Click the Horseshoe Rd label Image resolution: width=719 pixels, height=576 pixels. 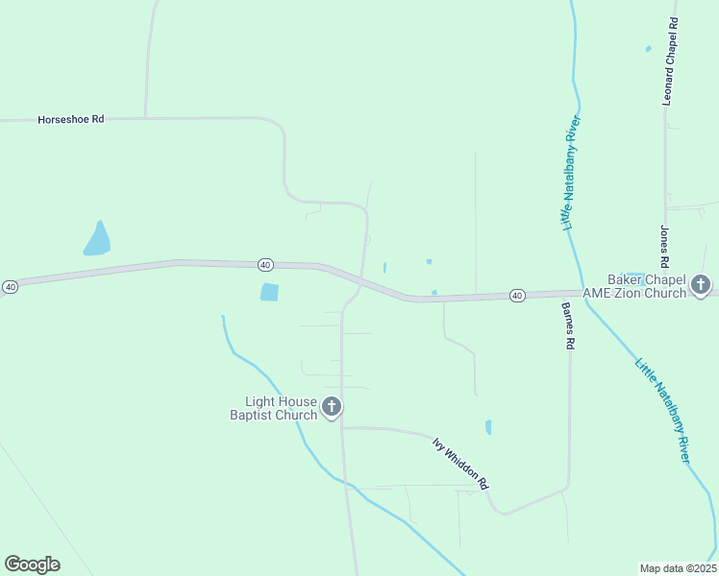coord(70,120)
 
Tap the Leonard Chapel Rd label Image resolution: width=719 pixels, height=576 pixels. coord(672,60)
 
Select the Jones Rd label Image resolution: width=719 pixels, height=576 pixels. coord(664,247)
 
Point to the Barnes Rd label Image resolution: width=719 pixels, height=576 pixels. coord(569,325)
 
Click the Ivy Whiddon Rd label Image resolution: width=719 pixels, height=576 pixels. coord(460,462)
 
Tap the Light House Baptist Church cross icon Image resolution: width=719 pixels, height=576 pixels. coord(332,407)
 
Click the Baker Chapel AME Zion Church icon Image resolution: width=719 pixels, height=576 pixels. coord(701,285)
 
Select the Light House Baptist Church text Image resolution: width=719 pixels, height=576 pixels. coord(273,408)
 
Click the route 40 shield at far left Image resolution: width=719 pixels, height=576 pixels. coord(10,286)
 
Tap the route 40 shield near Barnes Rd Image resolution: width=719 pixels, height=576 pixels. coord(517,295)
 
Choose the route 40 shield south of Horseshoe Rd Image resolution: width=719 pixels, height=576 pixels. coord(266,264)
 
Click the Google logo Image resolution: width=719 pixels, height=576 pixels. coord(32,564)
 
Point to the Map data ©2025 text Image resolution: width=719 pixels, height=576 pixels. coord(677,567)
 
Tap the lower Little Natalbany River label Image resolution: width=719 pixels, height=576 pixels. coord(662,411)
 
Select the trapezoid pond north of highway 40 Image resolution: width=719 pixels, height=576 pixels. coord(97,239)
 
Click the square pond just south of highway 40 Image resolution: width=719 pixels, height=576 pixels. coord(269,292)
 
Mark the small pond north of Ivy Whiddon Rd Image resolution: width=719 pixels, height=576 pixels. coord(488,427)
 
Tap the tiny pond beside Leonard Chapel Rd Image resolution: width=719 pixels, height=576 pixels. coord(649,48)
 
